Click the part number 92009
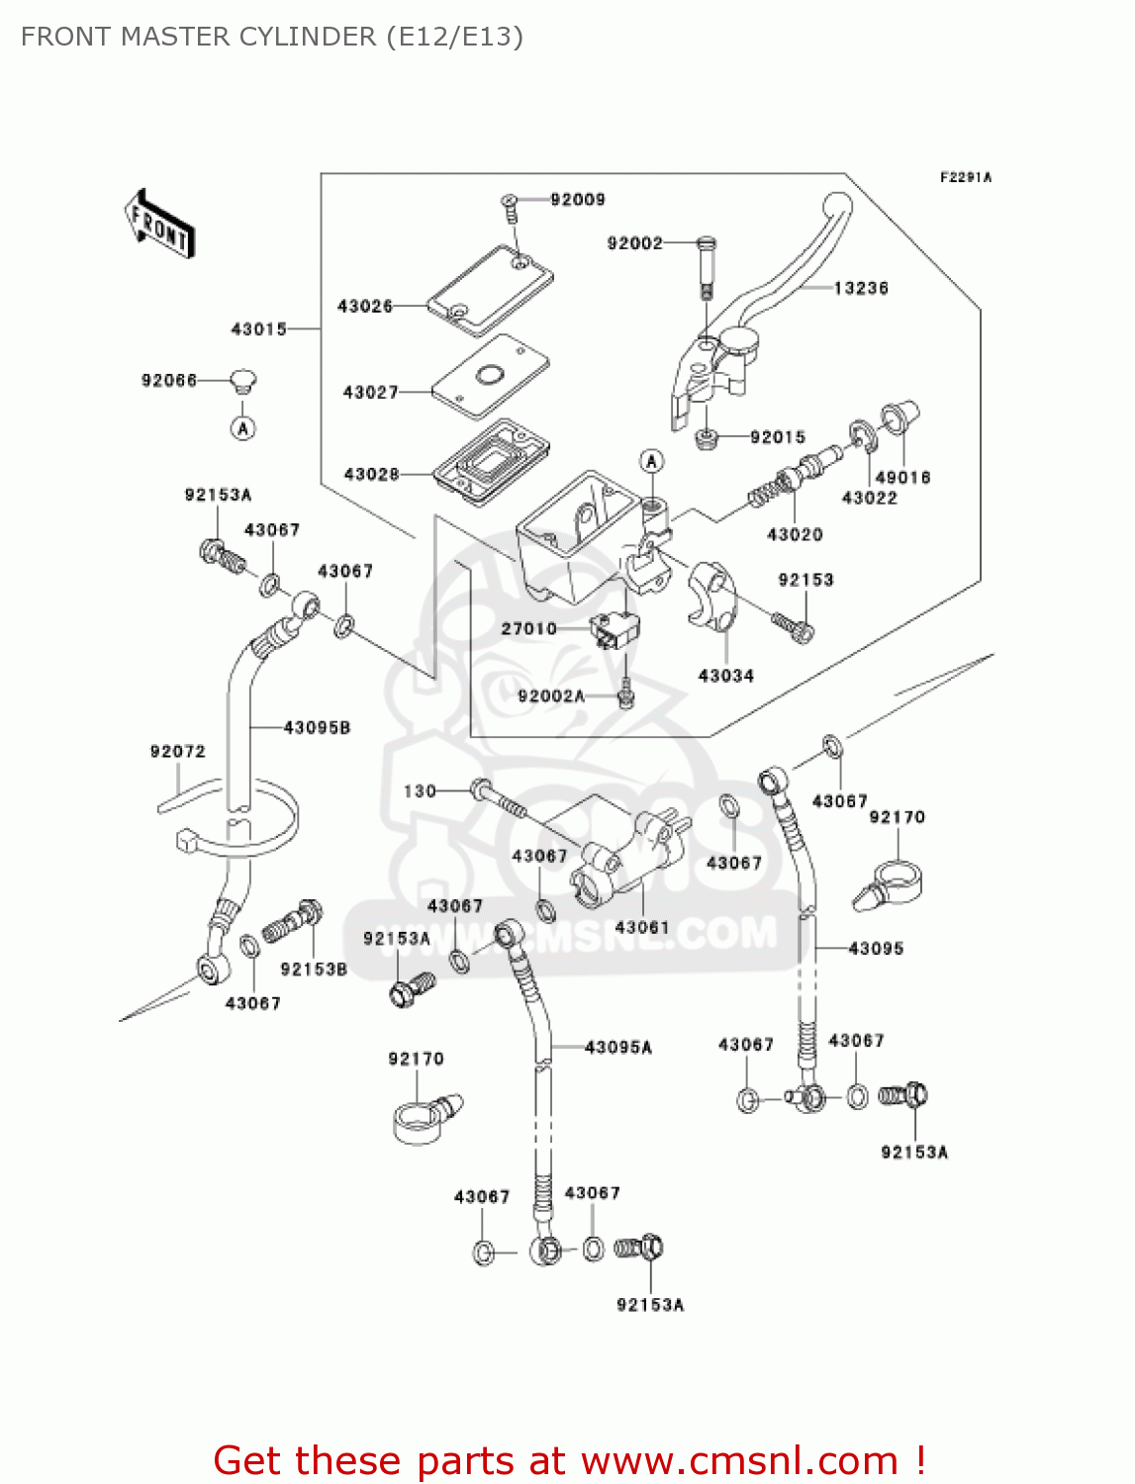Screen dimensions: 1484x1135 coord(577,200)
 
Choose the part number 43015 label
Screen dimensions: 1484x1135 coord(258,328)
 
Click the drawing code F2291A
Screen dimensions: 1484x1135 coord(965,178)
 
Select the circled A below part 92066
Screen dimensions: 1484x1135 coord(242,428)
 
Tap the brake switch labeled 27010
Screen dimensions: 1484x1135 coord(613,630)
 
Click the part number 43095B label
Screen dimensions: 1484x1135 coord(317,728)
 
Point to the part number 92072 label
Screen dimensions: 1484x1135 coord(178,752)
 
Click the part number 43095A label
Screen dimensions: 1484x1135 coord(618,1048)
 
